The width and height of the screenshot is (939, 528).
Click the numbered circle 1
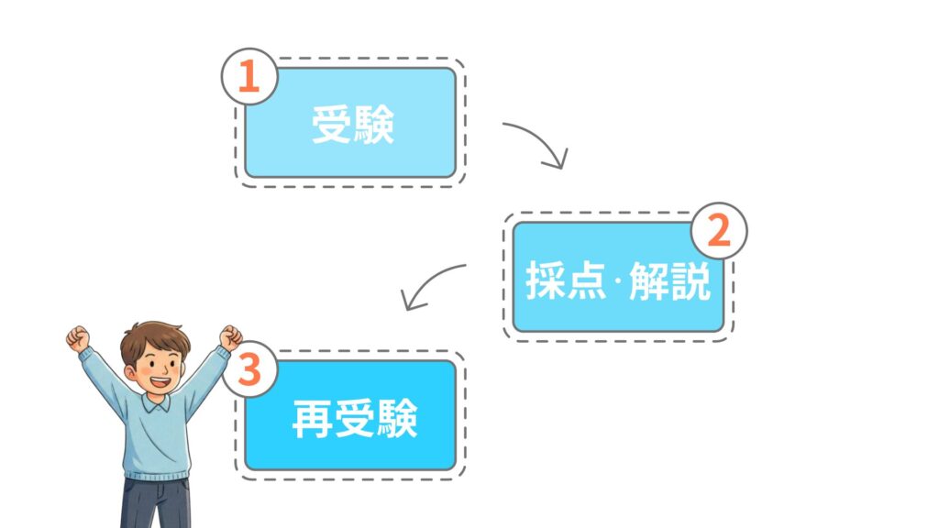249,76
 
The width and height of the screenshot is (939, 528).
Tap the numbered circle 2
719,230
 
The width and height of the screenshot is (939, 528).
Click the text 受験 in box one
352,126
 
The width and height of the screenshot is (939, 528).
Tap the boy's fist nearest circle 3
230,336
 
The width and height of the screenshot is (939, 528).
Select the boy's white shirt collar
156,404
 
